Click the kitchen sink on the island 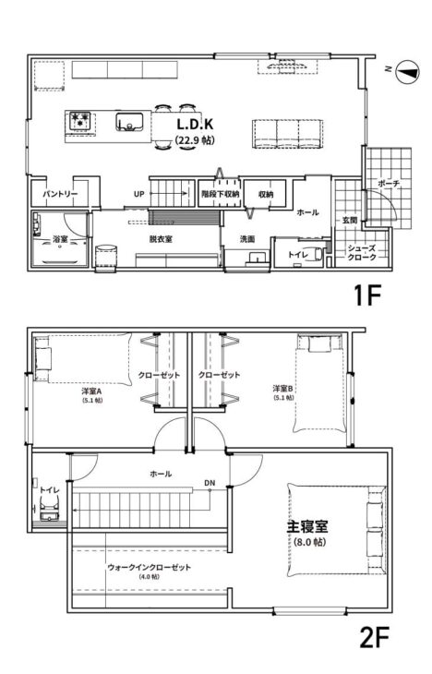pos(127,120)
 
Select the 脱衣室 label pos(162,238)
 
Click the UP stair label pos(138,194)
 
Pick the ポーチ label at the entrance pos(389,184)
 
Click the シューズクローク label pos(360,252)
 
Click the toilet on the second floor pos(50,506)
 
